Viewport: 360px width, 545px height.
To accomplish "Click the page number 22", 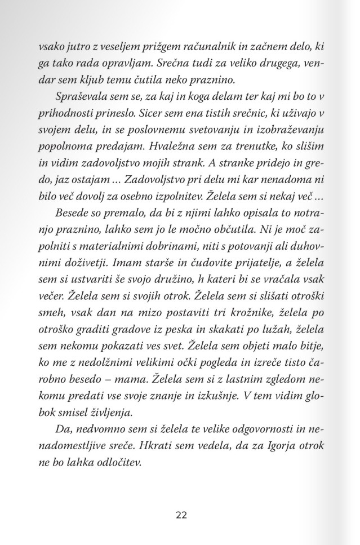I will point(180,515).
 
